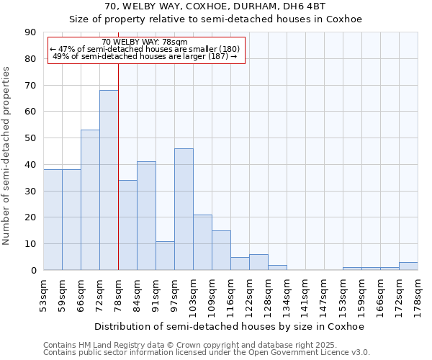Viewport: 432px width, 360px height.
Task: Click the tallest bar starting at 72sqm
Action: pos(109,180)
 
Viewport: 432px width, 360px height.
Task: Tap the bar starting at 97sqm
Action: pos(184,209)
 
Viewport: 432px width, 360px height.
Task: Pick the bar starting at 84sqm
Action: pos(146,216)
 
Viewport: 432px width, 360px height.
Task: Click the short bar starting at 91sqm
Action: pos(165,256)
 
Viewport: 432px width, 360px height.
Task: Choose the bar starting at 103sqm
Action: pos(202,243)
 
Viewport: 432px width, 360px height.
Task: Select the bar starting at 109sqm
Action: pos(221,251)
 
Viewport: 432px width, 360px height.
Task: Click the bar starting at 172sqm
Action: pos(408,266)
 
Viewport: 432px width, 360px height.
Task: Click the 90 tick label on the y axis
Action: pos(30,32)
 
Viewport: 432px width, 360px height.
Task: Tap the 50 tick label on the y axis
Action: pos(30,138)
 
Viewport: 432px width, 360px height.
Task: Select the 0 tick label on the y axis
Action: pos(33,271)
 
